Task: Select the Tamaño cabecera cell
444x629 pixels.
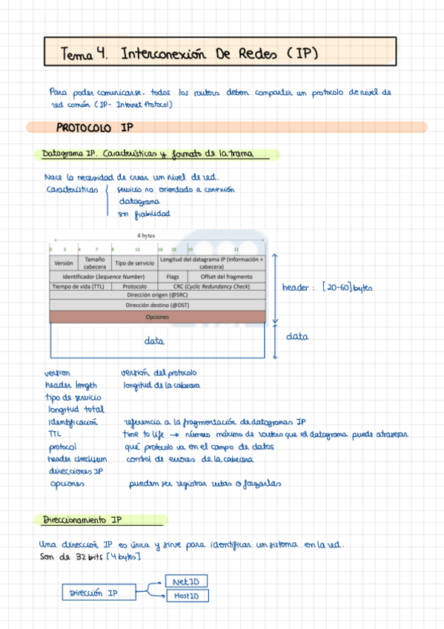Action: [x=95, y=263]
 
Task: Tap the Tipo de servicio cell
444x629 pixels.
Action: [x=134, y=263]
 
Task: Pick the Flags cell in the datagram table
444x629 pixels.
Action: [x=173, y=277]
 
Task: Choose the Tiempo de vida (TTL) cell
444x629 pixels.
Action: [x=78, y=286]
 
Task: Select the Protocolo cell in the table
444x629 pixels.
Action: [x=134, y=286]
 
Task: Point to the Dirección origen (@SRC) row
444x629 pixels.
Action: [x=157, y=295]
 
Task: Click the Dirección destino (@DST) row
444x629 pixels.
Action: [x=157, y=305]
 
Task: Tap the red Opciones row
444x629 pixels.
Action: [x=157, y=317]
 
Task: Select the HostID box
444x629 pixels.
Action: [x=188, y=596]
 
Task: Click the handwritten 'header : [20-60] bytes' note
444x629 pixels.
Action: [x=326, y=288]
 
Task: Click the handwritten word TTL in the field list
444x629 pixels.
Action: [x=54, y=435]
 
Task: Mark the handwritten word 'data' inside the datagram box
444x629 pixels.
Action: [x=154, y=341]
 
